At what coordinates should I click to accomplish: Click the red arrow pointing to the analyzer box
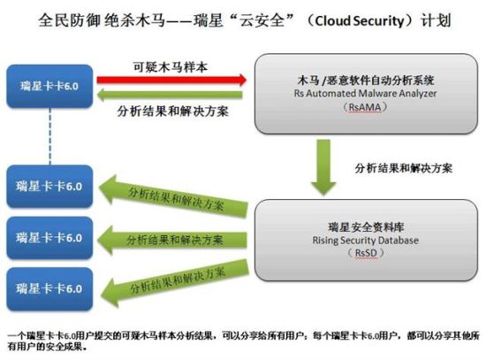[171, 80]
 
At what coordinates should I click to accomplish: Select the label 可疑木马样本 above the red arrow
[171, 67]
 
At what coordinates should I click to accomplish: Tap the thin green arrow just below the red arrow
[170, 95]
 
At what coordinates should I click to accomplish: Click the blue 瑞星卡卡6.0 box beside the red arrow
[49, 87]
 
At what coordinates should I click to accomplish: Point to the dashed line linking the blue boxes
[49, 136]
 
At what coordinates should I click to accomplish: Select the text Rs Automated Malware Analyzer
[366, 94]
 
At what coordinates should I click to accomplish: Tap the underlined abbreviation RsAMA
[365, 107]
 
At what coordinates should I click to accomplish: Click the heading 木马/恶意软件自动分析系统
[366, 80]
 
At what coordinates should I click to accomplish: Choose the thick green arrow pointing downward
[323, 167]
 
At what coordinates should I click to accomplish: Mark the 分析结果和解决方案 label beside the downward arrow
[403, 168]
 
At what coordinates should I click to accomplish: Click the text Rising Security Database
[366, 241]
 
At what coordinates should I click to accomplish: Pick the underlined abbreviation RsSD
[366, 253]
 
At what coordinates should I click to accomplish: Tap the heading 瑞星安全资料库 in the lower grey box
[366, 226]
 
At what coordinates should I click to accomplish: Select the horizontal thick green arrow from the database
[172, 240]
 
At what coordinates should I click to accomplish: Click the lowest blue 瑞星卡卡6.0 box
[49, 289]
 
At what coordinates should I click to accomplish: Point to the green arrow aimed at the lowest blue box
[175, 284]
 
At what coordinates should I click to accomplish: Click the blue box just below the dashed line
[49, 187]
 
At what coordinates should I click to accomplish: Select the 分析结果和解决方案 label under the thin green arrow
[173, 111]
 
